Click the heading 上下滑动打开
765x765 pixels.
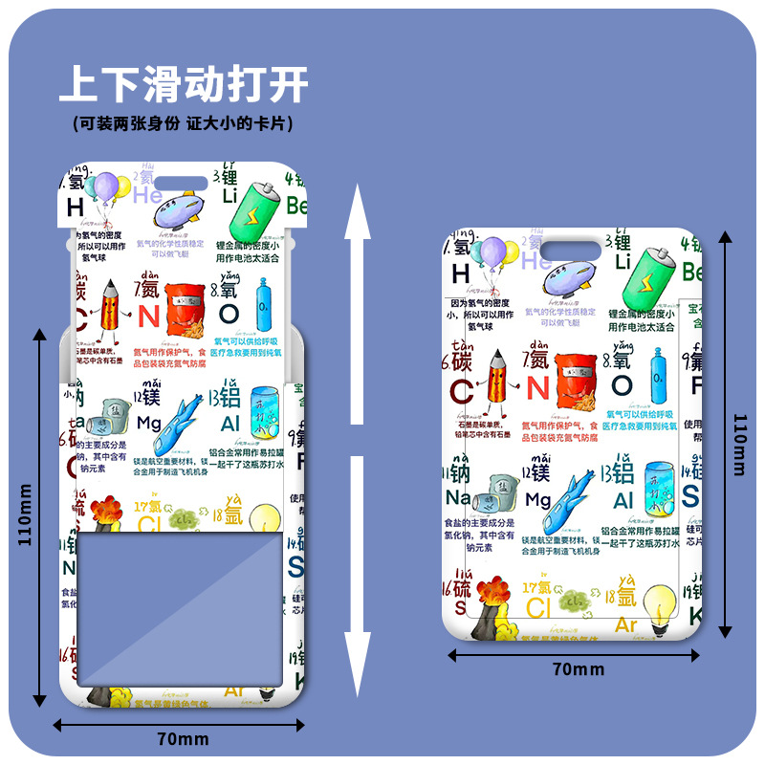(x=184, y=84)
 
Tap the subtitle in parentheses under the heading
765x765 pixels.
(x=183, y=123)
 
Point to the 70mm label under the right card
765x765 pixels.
(x=578, y=669)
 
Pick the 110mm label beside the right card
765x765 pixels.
(x=740, y=444)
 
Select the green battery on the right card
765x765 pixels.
(x=645, y=277)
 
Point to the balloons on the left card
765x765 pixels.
(x=102, y=190)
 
